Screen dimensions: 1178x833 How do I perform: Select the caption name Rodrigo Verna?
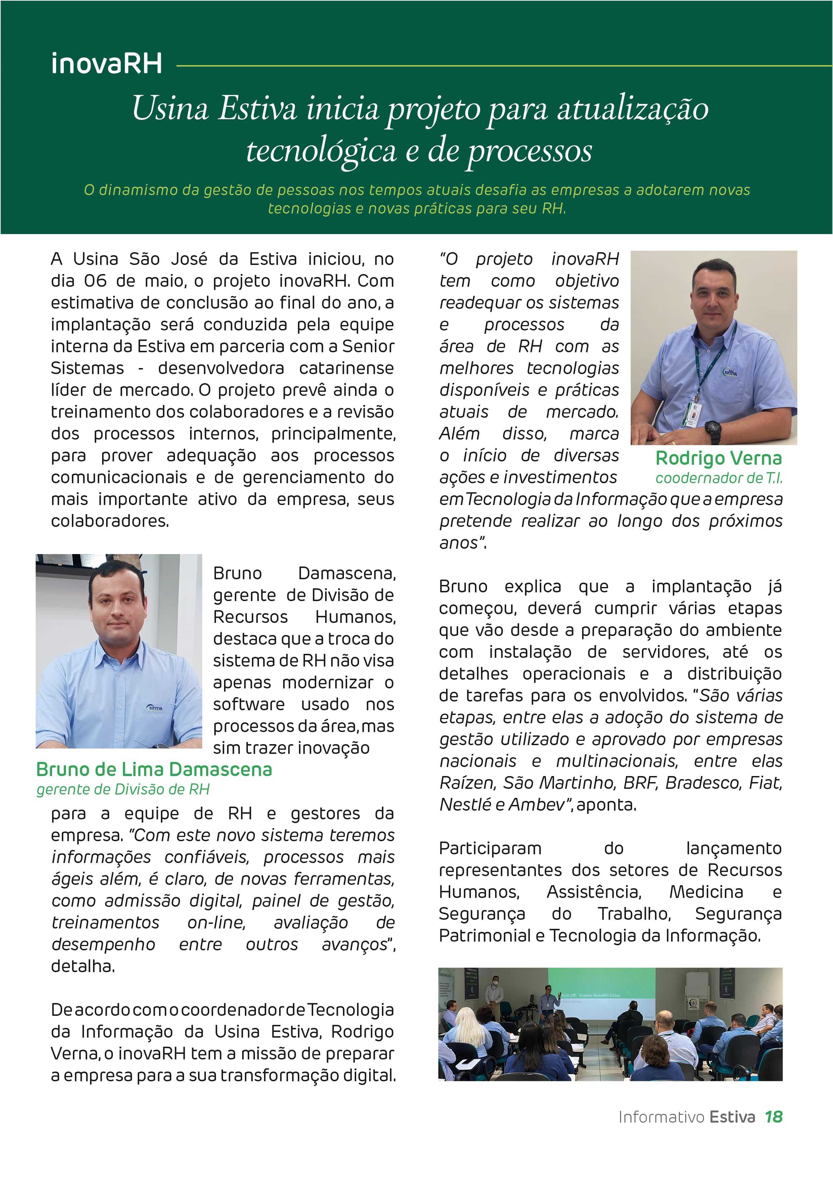(x=718, y=458)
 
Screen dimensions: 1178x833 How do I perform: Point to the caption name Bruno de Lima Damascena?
(x=154, y=769)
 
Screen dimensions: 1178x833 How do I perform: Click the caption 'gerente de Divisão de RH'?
(x=123, y=789)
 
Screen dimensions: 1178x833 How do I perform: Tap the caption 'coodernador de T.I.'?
(x=718, y=478)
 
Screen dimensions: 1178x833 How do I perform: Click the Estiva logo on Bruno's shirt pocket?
(x=155, y=708)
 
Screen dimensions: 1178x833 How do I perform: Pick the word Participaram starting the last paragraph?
(x=490, y=848)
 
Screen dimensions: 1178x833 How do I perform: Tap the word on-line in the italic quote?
(x=216, y=922)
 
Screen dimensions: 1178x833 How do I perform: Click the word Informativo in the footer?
(x=661, y=1117)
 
